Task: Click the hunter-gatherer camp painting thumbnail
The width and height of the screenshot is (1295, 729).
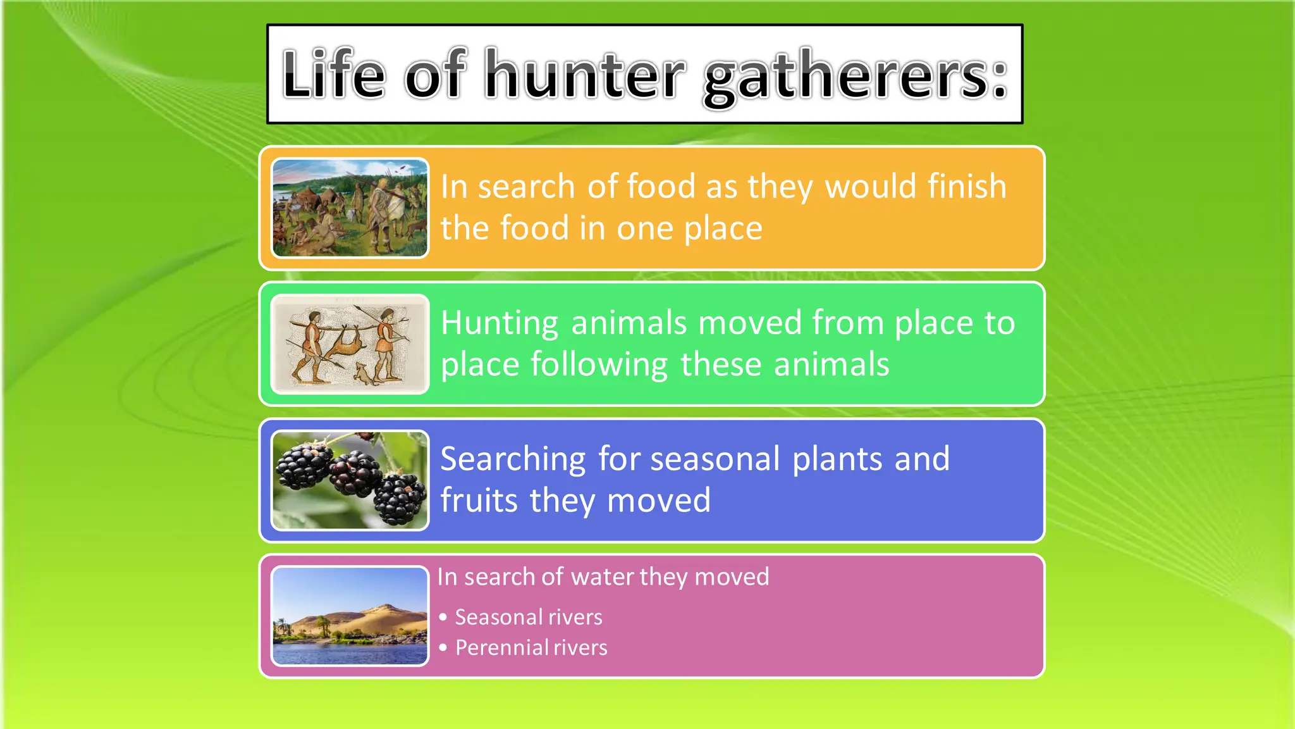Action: pos(350,208)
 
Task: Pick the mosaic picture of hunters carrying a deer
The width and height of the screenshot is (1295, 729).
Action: pos(350,344)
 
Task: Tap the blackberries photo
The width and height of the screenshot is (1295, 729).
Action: pos(350,480)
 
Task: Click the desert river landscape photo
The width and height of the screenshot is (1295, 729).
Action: pos(350,616)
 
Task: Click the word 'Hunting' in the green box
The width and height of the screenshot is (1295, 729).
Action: pos(500,323)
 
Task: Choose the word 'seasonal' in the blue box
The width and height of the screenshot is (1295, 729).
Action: pos(715,459)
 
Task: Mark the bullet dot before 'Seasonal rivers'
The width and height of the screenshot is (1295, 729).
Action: pos(443,617)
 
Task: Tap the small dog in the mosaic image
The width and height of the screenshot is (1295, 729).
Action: pos(363,373)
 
